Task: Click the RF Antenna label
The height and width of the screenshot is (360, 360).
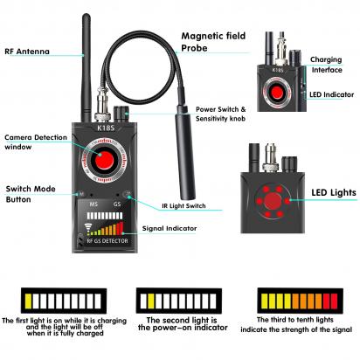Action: pos(25,52)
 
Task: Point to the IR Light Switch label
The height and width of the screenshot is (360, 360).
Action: pos(184,206)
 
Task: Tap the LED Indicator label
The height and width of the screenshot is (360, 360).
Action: pos(335,93)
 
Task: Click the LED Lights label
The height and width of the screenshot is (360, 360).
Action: pos(335,191)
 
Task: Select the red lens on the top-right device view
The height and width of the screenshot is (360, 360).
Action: pos(277,93)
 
